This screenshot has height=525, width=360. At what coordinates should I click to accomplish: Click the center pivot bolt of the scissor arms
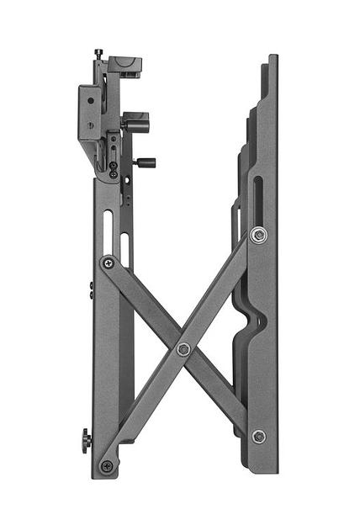(183, 348)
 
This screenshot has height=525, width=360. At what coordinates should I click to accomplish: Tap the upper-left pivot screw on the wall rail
(108, 262)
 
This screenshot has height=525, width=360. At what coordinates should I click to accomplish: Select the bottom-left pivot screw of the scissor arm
(107, 465)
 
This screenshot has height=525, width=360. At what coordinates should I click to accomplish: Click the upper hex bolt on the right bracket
(258, 235)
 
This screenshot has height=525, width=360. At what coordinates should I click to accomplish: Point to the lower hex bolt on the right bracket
(259, 436)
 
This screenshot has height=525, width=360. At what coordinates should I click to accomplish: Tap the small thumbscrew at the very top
(99, 54)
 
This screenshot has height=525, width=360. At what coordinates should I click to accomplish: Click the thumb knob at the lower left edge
(86, 440)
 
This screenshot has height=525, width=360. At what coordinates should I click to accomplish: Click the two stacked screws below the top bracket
(114, 169)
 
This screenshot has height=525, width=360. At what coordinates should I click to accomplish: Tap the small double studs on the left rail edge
(91, 289)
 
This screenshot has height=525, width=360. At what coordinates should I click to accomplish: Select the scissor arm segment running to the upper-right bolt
(220, 290)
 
